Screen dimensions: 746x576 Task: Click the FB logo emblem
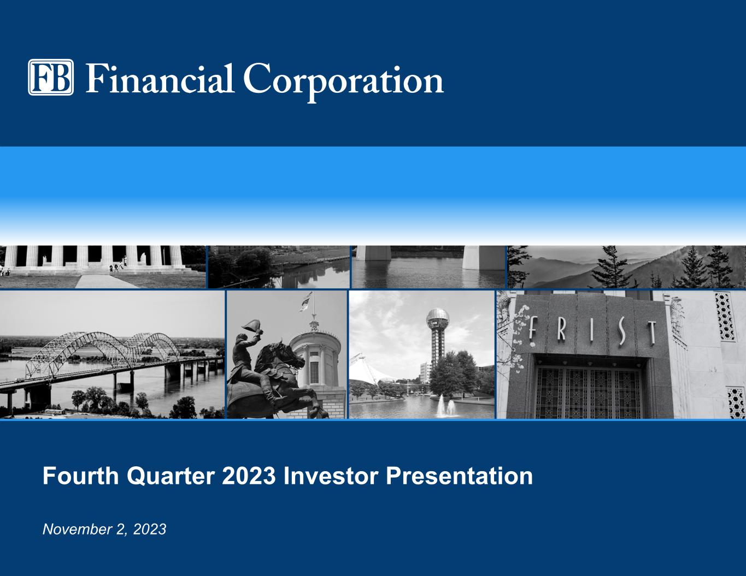point(51,77)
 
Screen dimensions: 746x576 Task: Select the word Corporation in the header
point(344,82)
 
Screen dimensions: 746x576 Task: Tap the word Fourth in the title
point(81,476)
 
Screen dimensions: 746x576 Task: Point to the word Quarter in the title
point(171,477)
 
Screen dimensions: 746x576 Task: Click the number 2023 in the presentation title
point(249,476)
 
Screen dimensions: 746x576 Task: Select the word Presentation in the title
point(459,476)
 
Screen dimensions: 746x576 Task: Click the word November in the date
point(77,530)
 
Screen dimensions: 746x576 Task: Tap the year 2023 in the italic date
point(150,530)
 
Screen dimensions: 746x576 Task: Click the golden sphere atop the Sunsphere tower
point(438,319)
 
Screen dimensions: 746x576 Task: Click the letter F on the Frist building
point(532,328)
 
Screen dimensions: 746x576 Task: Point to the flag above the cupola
point(306,302)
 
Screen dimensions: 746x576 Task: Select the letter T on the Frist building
point(651,333)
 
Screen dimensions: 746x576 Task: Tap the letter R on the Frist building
point(561,329)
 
